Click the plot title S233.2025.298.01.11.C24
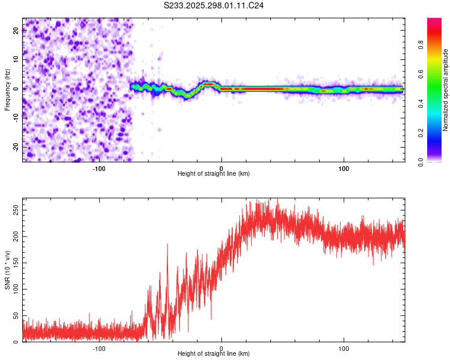214,5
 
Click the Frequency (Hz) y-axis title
7,90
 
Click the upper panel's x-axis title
214,174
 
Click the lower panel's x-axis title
214,354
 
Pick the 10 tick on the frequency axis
16,59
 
